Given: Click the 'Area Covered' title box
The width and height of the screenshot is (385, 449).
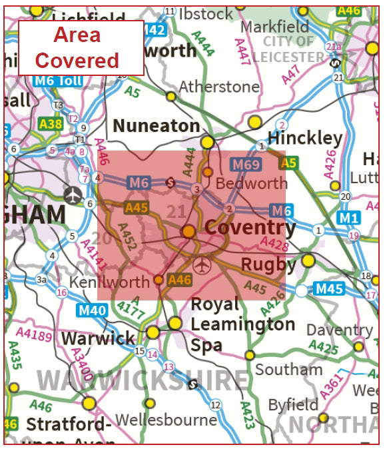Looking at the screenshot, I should [81, 47].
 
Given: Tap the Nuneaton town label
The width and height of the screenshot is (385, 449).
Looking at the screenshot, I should [156, 126].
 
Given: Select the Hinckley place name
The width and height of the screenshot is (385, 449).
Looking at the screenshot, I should [304, 139].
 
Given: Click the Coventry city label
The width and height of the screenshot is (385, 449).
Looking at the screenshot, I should [250, 228].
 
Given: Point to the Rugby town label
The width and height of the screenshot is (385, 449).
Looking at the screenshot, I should [268, 264].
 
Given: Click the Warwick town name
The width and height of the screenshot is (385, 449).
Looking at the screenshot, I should [98, 338].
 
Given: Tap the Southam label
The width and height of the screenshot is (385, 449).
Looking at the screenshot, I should [288, 369].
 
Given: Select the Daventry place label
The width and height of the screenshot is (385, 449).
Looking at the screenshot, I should [339, 330].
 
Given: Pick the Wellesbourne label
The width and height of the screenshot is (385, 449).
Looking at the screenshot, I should [166, 420].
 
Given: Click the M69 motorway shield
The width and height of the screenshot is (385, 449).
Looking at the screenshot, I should [244, 164].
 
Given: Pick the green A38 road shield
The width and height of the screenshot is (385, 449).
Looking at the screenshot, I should [50, 123].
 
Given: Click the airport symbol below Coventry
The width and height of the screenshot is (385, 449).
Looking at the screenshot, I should [201, 265].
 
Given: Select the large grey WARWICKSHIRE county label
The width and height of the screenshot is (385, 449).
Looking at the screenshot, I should [143, 380].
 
